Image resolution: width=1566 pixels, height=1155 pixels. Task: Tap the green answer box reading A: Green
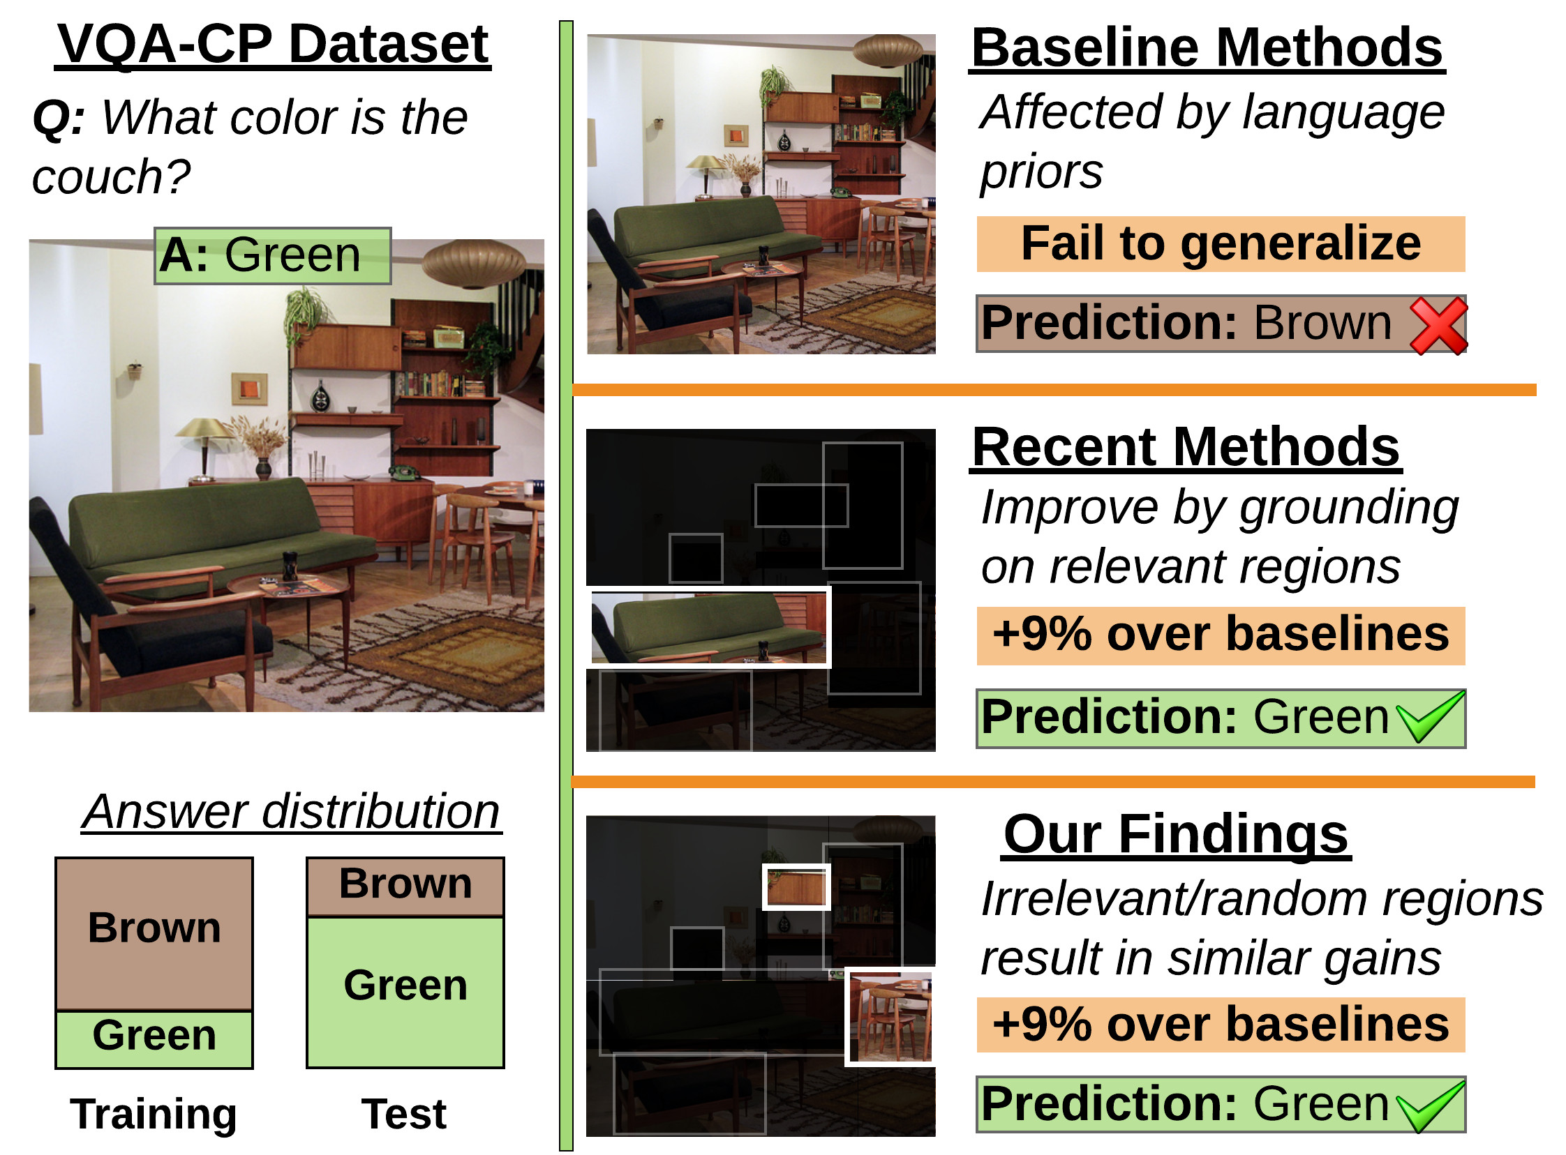(273, 256)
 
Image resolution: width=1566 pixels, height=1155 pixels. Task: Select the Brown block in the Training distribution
(154, 934)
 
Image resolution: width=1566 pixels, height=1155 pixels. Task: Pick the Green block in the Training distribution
(154, 1040)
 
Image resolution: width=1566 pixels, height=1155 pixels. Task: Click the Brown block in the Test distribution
(405, 886)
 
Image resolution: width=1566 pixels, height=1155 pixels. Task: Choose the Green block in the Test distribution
(405, 992)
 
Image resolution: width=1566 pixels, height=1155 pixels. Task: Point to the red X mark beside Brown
(1439, 326)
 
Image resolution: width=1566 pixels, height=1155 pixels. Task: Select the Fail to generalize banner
(1221, 244)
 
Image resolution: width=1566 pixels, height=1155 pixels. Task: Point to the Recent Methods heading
(1186, 447)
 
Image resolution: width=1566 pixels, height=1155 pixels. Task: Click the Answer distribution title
(292, 812)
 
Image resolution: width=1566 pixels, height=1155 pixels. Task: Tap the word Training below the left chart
(154, 1114)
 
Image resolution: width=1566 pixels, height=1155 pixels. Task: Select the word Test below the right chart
(404, 1114)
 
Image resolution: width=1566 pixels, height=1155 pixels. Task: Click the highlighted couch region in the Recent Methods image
(708, 627)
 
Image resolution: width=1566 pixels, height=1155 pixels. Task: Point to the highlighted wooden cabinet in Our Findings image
(797, 887)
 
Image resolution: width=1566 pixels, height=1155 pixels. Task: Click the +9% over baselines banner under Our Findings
(1221, 1025)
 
